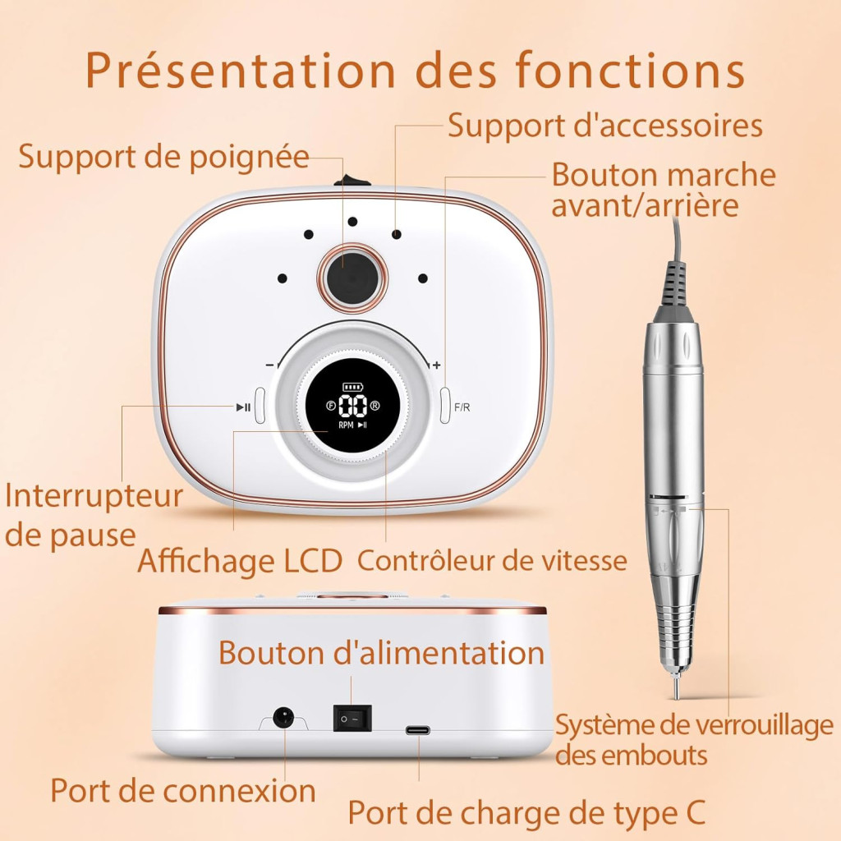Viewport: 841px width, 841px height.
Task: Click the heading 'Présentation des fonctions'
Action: tap(415, 70)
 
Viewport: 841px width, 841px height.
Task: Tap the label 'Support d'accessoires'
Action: tap(605, 126)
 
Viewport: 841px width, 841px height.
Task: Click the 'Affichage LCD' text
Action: tap(240, 561)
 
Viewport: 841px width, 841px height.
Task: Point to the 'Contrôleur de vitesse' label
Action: tap(492, 561)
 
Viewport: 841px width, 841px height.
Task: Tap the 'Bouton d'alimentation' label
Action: tap(381, 653)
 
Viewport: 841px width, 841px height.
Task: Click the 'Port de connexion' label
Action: tap(183, 791)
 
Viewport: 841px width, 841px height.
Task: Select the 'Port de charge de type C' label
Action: tap(526, 813)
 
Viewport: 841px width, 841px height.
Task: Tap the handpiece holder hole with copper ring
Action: tap(352, 278)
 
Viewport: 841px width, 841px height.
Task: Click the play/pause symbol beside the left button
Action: tap(243, 407)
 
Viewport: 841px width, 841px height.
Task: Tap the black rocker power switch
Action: tap(352, 718)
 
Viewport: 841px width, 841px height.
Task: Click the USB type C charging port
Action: tap(418, 730)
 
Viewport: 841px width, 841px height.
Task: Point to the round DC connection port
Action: tap(283, 717)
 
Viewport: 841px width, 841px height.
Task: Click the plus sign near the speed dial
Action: tap(437, 365)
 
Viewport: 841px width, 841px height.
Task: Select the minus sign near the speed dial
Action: tap(269, 365)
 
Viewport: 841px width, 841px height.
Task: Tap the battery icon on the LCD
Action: tap(352, 386)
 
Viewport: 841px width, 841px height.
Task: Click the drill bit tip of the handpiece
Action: tap(677, 690)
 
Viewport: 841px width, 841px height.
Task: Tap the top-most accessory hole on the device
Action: tap(352, 222)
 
